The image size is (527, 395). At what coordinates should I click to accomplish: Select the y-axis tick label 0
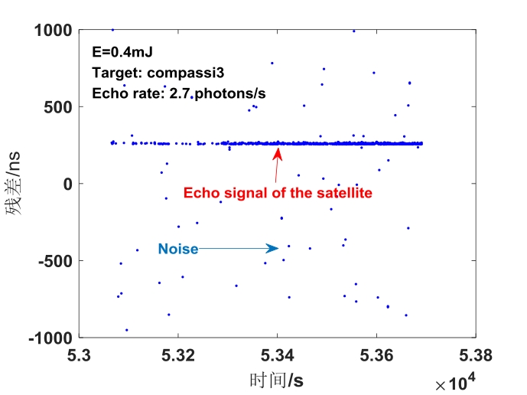67,184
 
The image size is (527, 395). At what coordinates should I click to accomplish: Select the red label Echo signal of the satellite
278,193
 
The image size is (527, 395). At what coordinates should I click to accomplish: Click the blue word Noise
177,249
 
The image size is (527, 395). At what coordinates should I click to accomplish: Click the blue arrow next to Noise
239,248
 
